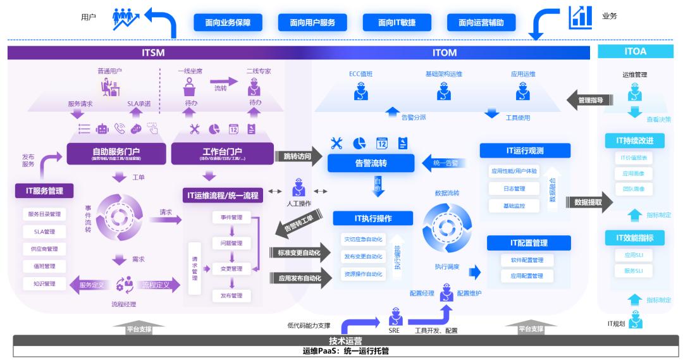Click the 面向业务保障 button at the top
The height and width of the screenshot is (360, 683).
pyautogui.click(x=228, y=23)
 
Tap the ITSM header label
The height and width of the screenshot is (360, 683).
pyautogui.click(x=153, y=53)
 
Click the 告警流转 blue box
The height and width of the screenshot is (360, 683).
pyautogui.click(x=371, y=163)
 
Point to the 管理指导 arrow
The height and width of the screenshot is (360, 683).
pyautogui.click(x=586, y=99)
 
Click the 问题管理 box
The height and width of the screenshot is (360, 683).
pyautogui.click(x=231, y=243)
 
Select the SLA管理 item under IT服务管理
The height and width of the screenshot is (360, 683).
pyautogui.click(x=44, y=232)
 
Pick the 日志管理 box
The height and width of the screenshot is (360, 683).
pyautogui.click(x=514, y=189)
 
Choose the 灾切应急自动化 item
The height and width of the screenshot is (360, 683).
pyautogui.click(x=362, y=239)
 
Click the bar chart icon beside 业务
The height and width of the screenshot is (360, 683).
pyautogui.click(x=580, y=17)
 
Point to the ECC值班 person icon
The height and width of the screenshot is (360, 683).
pyautogui.click(x=360, y=92)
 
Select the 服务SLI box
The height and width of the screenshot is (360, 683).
pyautogui.click(x=634, y=271)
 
